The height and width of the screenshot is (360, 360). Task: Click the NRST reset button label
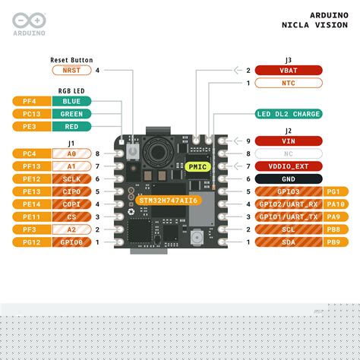pos(71,71)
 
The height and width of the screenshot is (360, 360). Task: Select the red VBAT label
pos(289,71)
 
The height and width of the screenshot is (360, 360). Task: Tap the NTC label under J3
pos(289,83)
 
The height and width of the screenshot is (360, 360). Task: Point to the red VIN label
pos(289,141)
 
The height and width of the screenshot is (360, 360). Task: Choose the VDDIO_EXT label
pos(289,166)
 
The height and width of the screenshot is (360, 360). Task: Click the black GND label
pos(289,178)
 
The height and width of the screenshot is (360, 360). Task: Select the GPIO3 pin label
pos(289,191)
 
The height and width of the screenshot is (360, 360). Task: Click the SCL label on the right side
pos(289,229)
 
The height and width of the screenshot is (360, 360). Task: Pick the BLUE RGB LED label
pos(71,101)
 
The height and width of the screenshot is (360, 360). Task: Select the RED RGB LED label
pos(71,127)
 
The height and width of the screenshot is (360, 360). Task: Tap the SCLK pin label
pos(71,178)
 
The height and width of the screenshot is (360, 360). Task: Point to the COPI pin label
pos(71,204)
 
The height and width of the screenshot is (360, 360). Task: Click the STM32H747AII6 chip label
pos(168,201)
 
